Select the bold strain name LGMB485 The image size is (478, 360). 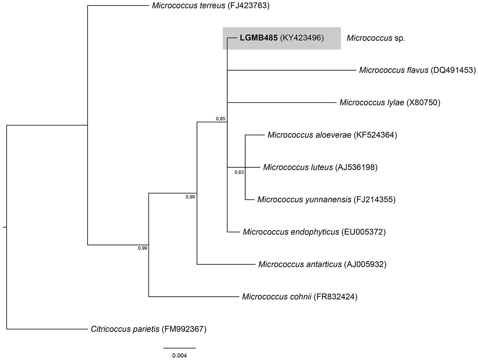coord(259,38)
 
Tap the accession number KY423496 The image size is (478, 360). coord(302,38)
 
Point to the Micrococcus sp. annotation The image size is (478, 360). coord(376,38)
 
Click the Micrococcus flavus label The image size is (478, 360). coord(393,70)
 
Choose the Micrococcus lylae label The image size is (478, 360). coord(372,102)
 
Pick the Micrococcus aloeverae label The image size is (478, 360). coord(309,135)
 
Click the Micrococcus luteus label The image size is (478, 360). coord(298,167)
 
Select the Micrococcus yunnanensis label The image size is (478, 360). coord(304,200)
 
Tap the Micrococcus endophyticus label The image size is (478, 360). coord(291,232)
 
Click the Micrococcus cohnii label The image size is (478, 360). coord(277,297)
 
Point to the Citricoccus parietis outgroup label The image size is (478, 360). coord(125,329)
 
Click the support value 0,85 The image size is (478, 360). coord(220,118)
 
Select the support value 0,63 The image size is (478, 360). coord(239,172)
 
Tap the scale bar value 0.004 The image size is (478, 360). coord(180,355)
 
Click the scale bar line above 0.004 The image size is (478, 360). coord(180,348)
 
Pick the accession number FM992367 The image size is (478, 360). coord(184,329)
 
